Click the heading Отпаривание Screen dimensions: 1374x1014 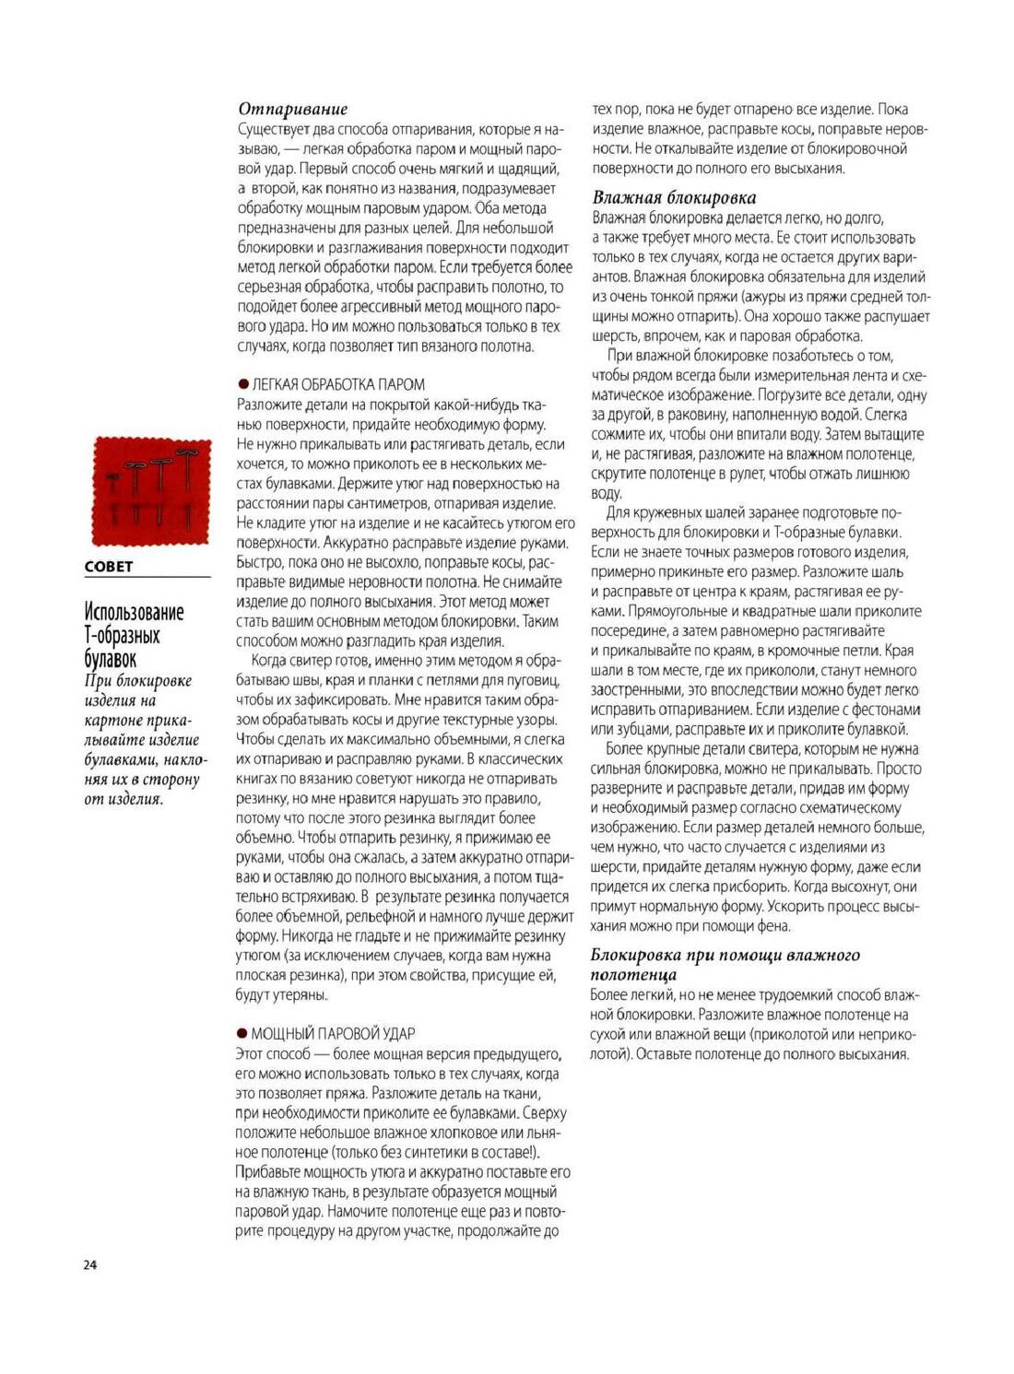point(292,109)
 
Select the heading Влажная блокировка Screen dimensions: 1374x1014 point(674,197)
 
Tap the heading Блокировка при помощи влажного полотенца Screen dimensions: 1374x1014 point(725,964)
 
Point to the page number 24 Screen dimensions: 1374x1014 point(89,1264)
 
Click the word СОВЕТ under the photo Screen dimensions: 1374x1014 point(109,567)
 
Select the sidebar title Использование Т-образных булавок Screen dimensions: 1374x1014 point(135,635)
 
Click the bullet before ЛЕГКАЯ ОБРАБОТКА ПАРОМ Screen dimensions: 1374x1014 point(243,384)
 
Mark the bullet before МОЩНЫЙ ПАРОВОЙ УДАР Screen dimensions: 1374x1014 point(242,1034)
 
